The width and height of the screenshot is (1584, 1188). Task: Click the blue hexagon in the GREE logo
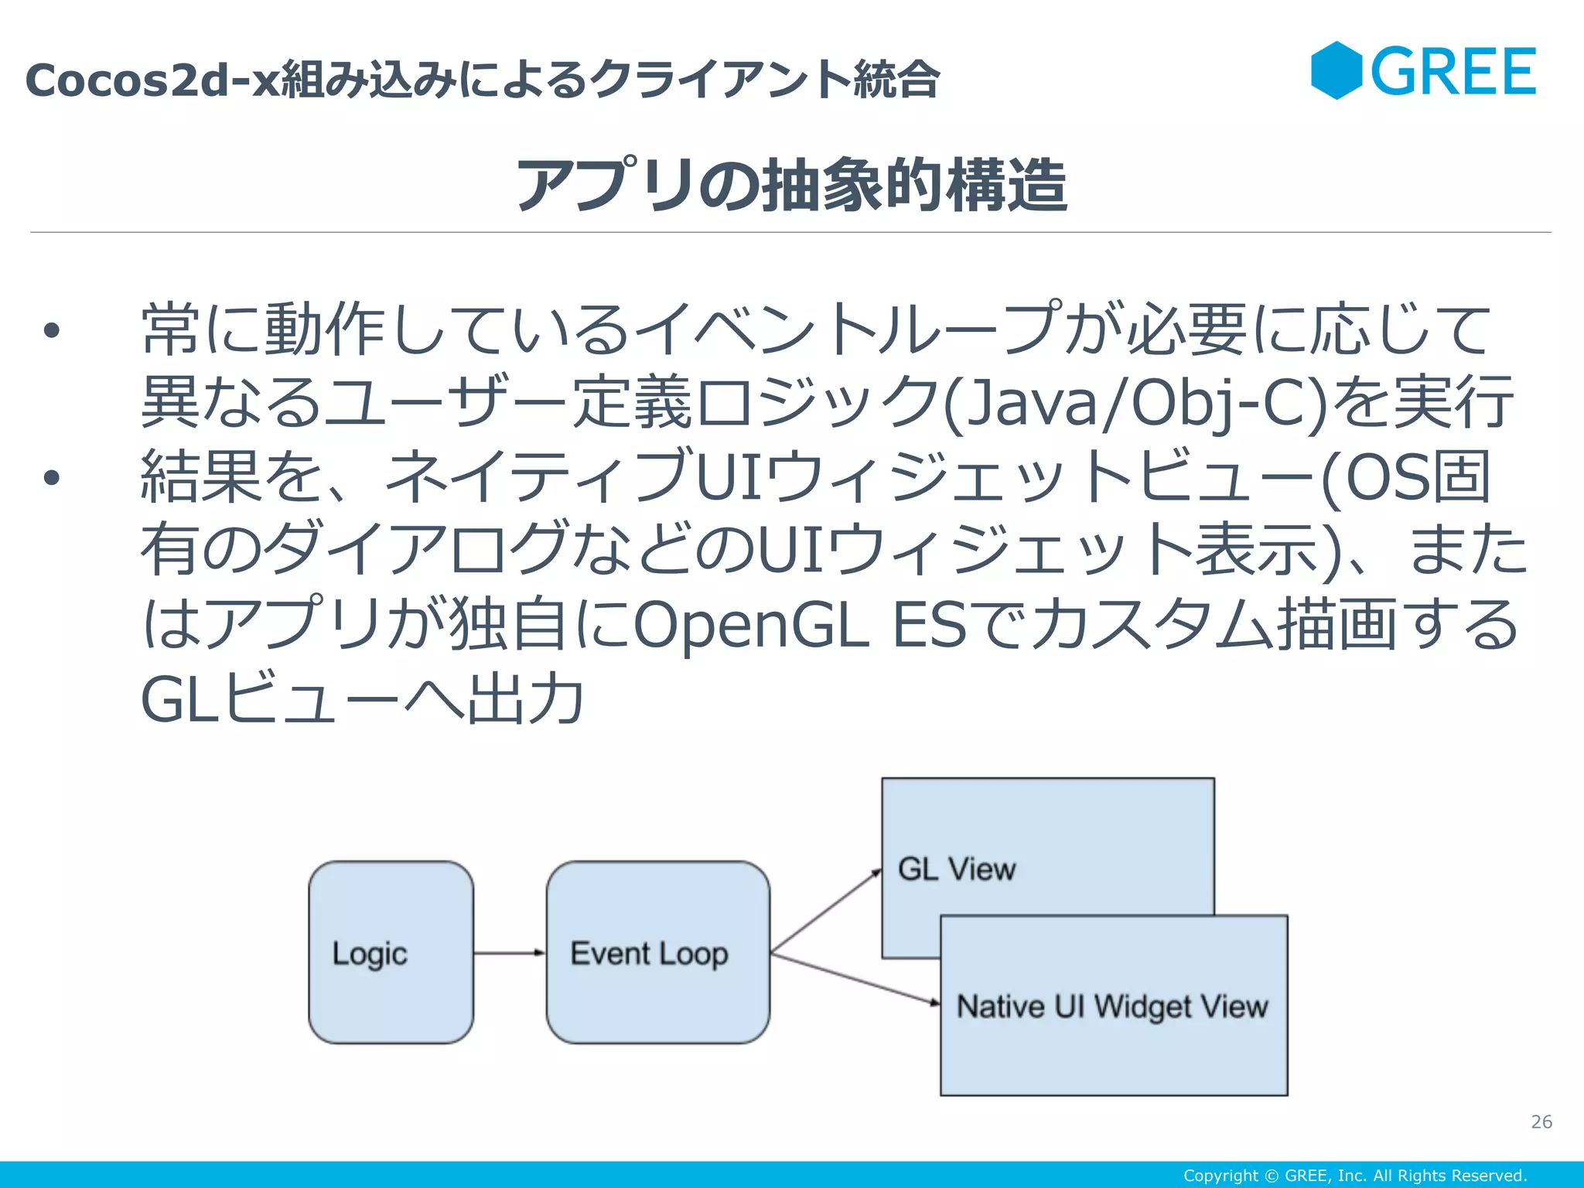click(1336, 70)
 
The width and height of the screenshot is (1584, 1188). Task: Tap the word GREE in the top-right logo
click(1453, 72)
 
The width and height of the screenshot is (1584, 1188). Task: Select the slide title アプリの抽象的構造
click(791, 185)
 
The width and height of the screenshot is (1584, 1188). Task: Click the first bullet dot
click(52, 331)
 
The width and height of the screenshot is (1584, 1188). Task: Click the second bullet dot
click(52, 477)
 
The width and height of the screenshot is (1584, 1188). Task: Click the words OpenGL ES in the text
click(800, 625)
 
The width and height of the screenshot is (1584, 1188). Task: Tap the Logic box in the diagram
click(391, 953)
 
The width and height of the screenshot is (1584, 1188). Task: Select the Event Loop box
click(657, 953)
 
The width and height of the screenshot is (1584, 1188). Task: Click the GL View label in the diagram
click(957, 869)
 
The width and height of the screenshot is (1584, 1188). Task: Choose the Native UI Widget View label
click(1112, 1006)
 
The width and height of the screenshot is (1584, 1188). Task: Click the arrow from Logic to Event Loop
click(510, 953)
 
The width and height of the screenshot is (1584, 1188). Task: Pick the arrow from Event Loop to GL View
click(826, 911)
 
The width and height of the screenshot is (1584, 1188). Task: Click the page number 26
click(1541, 1121)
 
